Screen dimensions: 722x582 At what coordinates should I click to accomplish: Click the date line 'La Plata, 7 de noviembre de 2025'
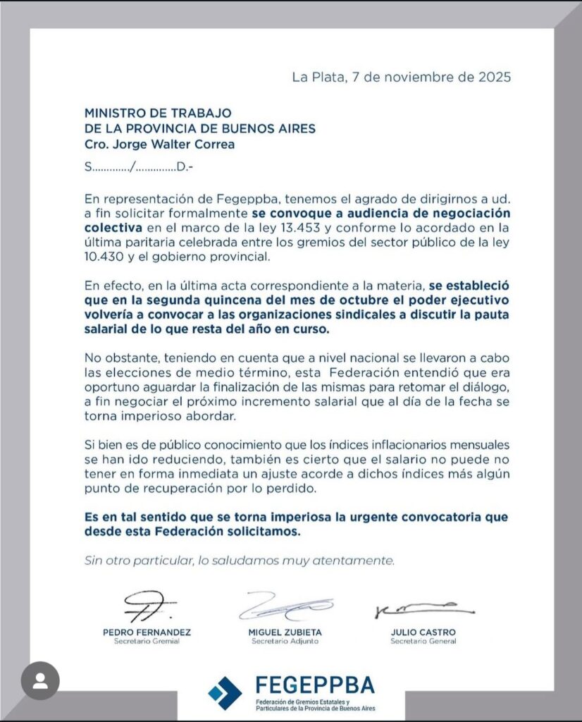401,76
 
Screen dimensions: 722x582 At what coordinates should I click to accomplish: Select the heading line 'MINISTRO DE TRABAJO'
158,113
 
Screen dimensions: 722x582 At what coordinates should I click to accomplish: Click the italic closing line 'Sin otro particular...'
240,561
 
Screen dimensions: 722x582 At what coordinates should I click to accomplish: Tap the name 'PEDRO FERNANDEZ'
147,632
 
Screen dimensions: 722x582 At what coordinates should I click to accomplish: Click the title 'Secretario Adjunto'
285,642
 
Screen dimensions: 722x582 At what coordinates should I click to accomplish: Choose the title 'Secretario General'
423,642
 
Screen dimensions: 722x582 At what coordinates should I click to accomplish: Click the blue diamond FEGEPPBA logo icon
225,692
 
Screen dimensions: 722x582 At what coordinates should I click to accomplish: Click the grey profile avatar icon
40,680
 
